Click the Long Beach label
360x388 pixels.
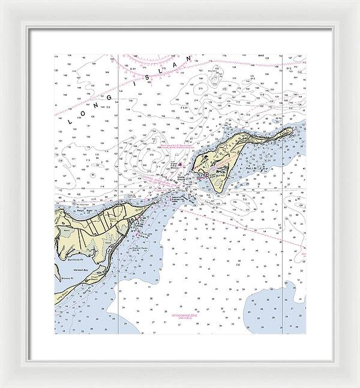[60, 296]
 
